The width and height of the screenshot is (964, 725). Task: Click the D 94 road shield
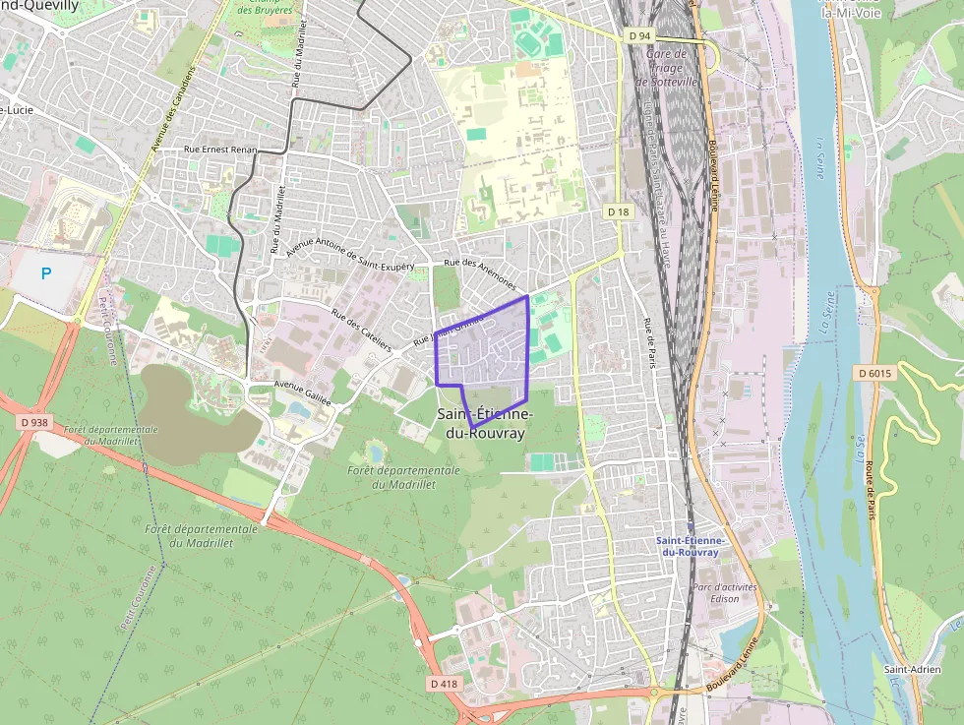click(x=640, y=35)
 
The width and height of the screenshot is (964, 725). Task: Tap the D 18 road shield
click(x=618, y=211)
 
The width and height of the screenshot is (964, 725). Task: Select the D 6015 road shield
click(x=874, y=373)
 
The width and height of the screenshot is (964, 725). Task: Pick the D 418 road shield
click(x=445, y=683)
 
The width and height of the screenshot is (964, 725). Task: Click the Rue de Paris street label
click(x=648, y=344)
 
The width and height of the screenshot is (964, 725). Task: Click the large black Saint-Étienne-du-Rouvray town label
click(x=482, y=423)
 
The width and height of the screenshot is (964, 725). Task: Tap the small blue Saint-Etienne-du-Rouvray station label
click(x=691, y=546)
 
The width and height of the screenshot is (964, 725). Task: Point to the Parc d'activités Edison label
click(x=716, y=592)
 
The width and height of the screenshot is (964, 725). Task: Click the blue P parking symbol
click(x=45, y=274)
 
